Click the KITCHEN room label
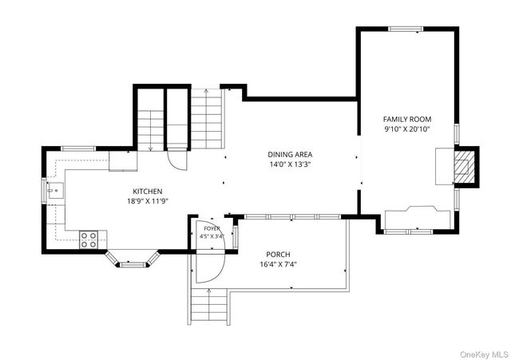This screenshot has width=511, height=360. pos(147,192)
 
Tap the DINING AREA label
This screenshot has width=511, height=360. pos(290,154)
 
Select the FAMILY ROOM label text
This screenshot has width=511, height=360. pos(407,119)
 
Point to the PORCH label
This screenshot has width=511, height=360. pos(278,255)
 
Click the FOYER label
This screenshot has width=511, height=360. pos(212,228)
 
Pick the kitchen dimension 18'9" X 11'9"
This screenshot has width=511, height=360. pos(147,201)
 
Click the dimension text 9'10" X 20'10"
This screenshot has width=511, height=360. pos(407,129)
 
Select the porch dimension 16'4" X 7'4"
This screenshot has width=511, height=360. pos(278,264)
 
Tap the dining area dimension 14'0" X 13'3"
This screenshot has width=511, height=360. pos(290,164)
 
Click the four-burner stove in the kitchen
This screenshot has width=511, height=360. pos(89,239)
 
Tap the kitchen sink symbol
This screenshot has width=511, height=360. pos(55,190)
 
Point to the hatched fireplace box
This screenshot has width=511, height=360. pos(463,167)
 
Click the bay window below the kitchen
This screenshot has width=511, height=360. pos(133,259)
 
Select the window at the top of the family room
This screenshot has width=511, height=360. pos(406,29)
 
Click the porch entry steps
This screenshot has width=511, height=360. pos(208,305)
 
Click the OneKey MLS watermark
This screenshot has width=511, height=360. pos(484,354)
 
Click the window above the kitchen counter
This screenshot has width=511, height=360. pos(78,148)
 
